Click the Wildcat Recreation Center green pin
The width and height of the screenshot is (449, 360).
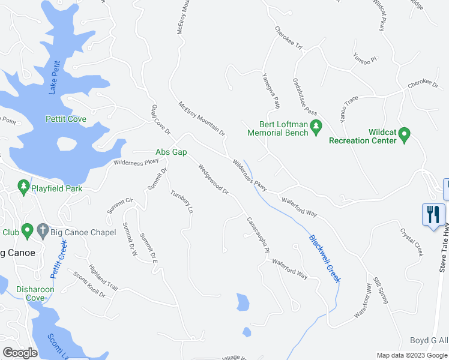[404, 134]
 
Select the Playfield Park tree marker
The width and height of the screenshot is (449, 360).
[24, 188]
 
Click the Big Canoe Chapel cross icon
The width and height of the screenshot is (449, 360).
[43, 230]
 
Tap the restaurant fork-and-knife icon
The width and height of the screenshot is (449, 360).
[433, 214]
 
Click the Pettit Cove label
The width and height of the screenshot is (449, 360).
[66, 119]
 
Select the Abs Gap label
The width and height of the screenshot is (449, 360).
[171, 152]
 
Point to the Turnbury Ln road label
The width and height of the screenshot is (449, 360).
[181, 202]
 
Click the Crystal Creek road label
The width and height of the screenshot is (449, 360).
[412, 242]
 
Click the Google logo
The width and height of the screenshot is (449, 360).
[19, 353]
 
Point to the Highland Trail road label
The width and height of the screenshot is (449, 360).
[103, 277]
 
